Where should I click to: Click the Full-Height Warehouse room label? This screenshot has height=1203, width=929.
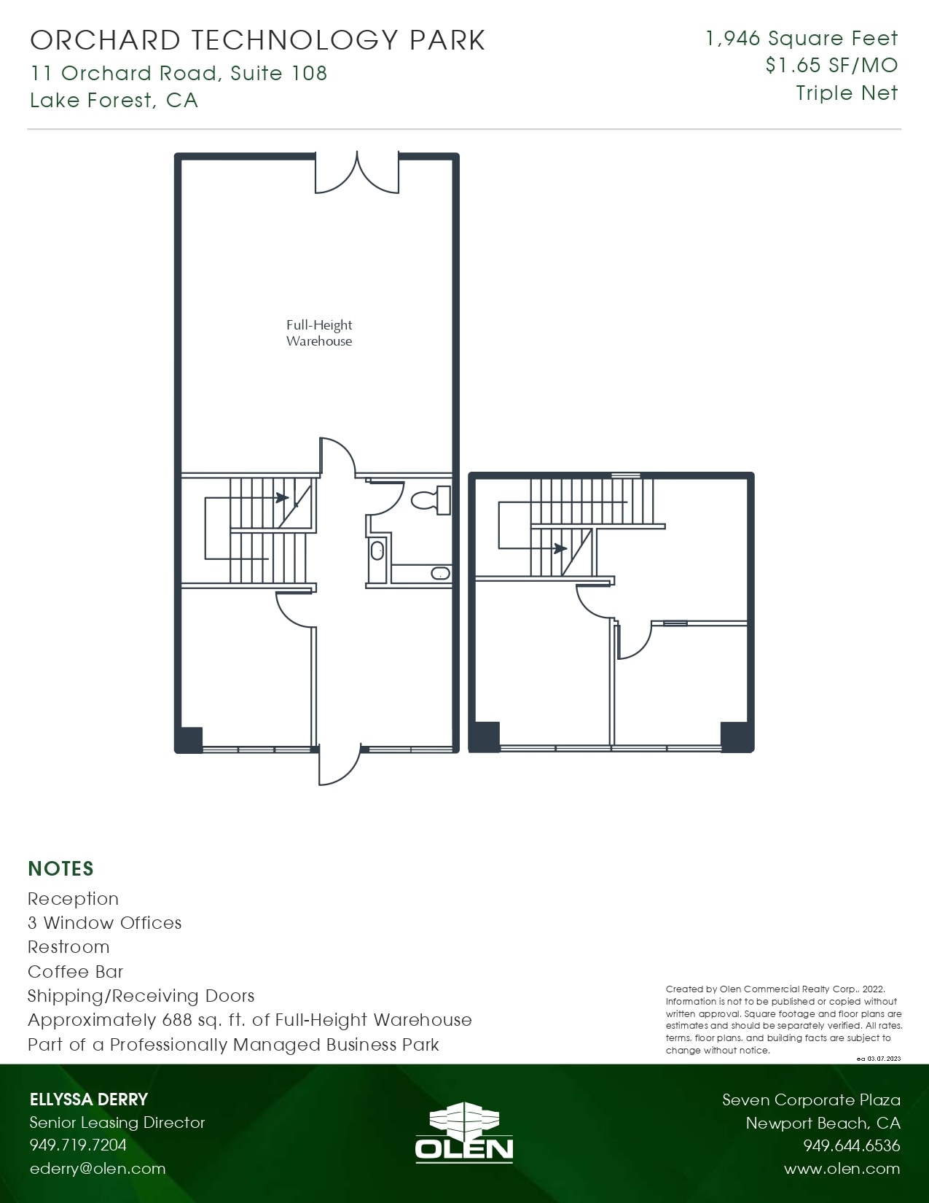pos(318,333)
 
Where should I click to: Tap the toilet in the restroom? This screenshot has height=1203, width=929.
pos(431,500)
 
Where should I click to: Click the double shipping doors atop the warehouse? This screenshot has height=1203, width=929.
pos(357,174)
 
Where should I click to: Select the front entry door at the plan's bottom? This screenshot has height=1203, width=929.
pos(339,766)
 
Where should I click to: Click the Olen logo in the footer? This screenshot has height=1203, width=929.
pos(464,1132)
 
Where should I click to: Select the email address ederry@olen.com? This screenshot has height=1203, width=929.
pos(98,1168)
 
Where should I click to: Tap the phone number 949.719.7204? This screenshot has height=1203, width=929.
pos(78,1145)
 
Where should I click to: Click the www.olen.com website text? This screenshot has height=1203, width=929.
pos(842,1169)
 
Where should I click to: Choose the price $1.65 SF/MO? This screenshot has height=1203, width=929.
pos(831,66)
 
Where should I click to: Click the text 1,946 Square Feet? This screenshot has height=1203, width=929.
pos(801,39)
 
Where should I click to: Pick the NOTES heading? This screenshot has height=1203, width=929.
pos(61,868)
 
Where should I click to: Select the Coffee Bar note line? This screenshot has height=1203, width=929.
pos(76,971)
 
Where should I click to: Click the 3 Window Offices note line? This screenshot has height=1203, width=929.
pos(105,922)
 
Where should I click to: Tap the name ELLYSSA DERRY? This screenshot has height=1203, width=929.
pos(89,1099)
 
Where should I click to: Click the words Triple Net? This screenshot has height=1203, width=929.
pos(847,93)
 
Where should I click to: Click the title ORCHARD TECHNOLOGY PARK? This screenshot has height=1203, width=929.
pos(258,40)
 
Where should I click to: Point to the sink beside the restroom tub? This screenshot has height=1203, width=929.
pos(377,550)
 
